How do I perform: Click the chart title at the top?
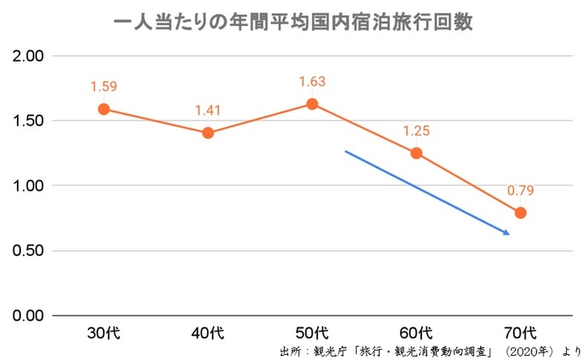click(293, 23)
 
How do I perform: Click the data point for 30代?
click(104, 109)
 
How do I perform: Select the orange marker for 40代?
click(208, 132)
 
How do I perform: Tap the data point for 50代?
click(312, 104)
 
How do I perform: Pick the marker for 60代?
click(416, 153)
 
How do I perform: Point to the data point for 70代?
click(520, 213)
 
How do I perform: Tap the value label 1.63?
click(312, 81)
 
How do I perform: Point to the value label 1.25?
click(416, 131)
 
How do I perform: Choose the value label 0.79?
click(520, 190)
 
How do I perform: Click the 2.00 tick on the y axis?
click(27, 56)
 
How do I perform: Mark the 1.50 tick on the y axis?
click(27, 121)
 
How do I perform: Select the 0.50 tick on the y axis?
click(27, 251)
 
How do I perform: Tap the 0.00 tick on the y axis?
click(27, 316)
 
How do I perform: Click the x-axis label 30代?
click(104, 332)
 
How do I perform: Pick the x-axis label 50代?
click(312, 332)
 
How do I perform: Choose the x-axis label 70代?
click(520, 332)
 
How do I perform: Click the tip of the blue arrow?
click(510, 234)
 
